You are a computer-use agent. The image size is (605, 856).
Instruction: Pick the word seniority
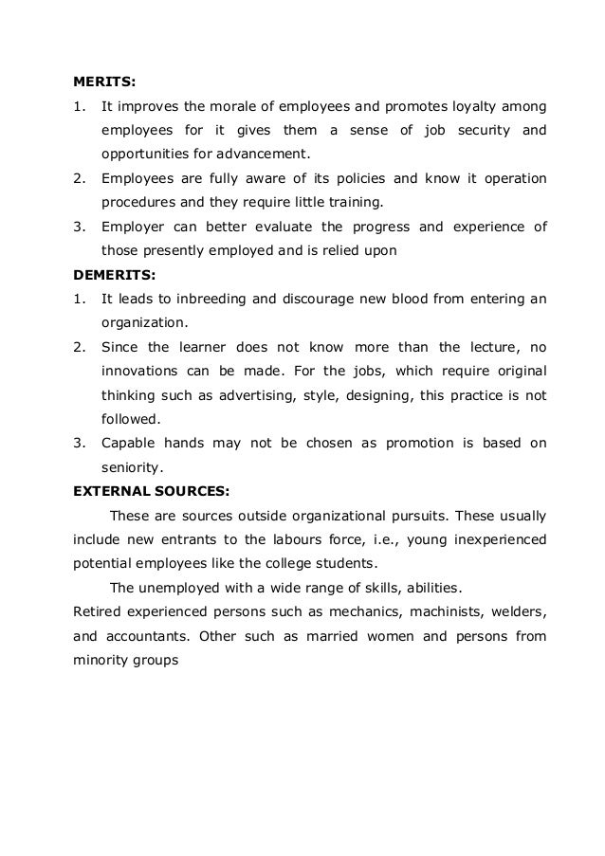tap(132, 465)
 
